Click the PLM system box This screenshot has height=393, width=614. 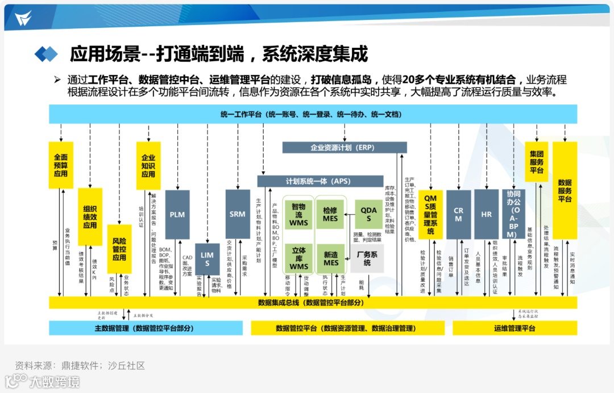pos(177,214)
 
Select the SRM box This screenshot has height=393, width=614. pos(238,214)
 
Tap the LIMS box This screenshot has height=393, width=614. pos(208,259)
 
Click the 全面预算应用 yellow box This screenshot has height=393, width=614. pos(61,165)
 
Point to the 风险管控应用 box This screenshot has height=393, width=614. pos(119,249)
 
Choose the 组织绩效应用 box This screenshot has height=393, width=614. pos(90,217)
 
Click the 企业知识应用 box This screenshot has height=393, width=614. pos(148,165)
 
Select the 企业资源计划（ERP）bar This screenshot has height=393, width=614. pos(345,148)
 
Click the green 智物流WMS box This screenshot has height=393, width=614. pos(299,214)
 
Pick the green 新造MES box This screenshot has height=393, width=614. pos(330,258)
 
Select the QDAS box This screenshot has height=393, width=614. pos(368,214)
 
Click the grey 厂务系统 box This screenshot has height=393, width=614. pos(367,258)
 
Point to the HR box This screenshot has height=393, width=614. pos(486,214)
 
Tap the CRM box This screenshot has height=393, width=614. pos(458,214)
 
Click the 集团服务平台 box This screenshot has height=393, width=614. pos(536,162)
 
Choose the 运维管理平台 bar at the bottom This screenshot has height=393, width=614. pos(515,328)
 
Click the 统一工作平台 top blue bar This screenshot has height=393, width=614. pos(312,114)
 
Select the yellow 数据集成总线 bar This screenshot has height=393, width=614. pos(312,303)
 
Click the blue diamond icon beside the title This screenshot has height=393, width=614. pos(47,54)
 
